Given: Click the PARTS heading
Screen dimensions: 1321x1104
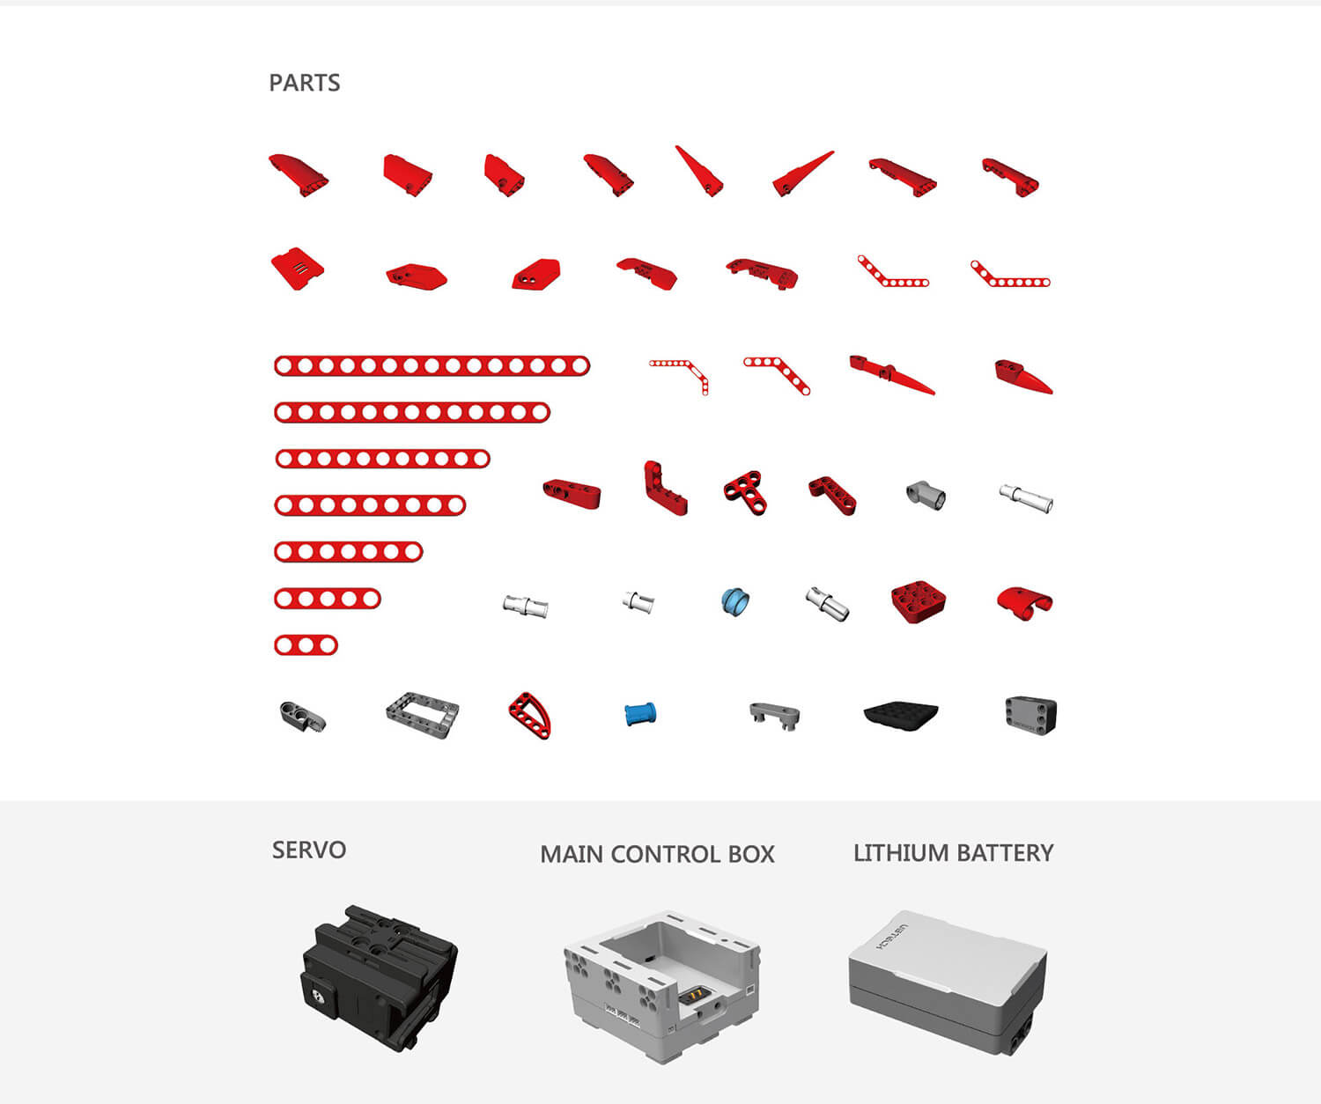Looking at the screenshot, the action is point(305,83).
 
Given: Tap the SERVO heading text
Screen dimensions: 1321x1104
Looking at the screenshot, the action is point(309,850).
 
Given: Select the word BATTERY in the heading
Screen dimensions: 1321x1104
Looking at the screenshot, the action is point(1005,853).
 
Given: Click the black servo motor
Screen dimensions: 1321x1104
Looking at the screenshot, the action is point(379,977).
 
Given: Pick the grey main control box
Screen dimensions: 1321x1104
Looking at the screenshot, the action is point(661,986).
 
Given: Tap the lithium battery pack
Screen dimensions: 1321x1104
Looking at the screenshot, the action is point(947,982).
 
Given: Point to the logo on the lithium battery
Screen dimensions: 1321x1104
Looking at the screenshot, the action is point(890,937).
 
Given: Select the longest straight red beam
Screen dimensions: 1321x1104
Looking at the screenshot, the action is point(432,365).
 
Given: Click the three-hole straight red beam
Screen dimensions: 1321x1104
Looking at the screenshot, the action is point(306,645).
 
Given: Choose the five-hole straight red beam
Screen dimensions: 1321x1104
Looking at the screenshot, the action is point(327,599).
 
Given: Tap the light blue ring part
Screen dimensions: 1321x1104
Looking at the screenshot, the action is point(735,601).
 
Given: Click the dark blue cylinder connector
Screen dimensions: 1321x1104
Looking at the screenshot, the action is point(640,714).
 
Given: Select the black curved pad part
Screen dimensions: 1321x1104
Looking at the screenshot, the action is point(901,716).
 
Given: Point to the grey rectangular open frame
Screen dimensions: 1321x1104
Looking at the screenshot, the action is point(423,715).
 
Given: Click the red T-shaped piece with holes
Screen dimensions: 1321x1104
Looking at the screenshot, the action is point(745,493).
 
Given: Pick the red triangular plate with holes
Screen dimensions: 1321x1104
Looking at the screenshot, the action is point(530,715).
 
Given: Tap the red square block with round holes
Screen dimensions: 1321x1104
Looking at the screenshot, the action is point(918,601).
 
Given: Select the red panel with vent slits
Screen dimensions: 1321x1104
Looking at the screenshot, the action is point(298,269).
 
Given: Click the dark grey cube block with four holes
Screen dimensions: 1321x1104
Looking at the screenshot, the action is point(1030,716).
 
